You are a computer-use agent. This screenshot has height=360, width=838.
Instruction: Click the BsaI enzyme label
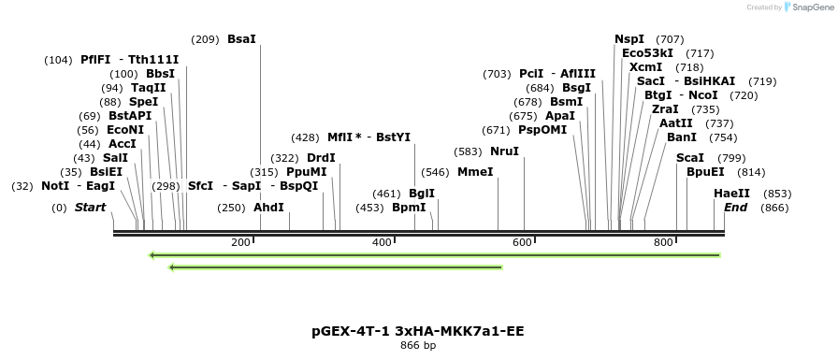[x=241, y=39]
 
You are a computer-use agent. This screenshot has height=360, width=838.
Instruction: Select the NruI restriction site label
[x=504, y=151]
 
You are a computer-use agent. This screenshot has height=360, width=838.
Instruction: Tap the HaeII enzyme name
[x=731, y=194]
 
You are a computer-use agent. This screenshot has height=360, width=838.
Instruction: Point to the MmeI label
[x=475, y=172]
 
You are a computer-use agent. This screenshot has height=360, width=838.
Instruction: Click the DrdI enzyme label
[x=321, y=158]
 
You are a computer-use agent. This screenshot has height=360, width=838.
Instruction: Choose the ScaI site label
[x=689, y=158]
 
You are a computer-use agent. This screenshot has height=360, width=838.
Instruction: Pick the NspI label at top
[x=629, y=39]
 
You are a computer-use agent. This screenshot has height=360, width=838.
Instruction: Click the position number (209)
[x=205, y=39]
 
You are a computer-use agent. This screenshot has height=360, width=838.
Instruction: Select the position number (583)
[x=468, y=151]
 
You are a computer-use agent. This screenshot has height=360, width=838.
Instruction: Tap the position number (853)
[x=777, y=194]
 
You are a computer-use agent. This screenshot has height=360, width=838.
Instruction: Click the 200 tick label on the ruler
[x=240, y=243]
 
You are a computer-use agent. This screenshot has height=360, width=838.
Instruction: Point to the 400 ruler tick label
[x=382, y=243]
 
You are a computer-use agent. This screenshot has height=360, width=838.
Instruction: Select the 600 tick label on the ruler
[x=522, y=243]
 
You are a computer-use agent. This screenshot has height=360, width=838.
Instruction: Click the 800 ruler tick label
[x=663, y=243]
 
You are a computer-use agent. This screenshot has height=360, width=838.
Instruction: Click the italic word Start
[x=91, y=208]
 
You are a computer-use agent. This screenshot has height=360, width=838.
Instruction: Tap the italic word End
[x=735, y=208]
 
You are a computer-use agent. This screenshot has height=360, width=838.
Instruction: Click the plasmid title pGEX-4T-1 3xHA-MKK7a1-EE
[x=417, y=331]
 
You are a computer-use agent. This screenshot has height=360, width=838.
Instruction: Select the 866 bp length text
[x=417, y=346]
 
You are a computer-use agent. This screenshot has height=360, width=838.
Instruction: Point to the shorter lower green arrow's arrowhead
[x=171, y=267]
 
